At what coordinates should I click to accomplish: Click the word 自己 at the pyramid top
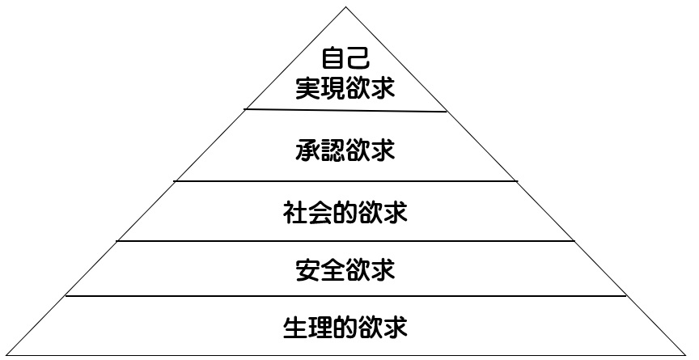pos(345,58)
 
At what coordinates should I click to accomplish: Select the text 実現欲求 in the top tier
pos(345,89)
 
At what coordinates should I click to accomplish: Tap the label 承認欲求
pos(345,150)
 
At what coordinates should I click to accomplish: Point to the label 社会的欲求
pos(345,213)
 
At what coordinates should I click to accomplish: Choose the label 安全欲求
pos(345,270)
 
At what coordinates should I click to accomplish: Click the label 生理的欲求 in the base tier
pos(345,328)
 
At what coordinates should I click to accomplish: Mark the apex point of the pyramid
pos(345,6)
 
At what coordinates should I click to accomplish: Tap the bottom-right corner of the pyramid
pos(687,355)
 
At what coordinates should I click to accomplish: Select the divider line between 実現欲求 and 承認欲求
pos(345,110)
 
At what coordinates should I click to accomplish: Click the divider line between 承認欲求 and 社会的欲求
pos(345,181)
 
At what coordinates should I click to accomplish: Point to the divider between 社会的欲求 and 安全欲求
pos(345,241)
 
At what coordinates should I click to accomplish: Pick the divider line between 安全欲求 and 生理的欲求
pos(345,295)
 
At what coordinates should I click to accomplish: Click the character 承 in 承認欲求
pos(307,150)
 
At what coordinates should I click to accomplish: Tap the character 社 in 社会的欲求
pos(295,213)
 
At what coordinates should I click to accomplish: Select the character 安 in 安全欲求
pos(307,270)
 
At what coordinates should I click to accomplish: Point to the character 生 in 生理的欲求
pos(295,328)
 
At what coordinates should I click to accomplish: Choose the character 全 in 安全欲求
pos(333,270)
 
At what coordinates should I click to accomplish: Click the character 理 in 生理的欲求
pos(320,328)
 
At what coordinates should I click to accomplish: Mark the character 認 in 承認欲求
pos(333,150)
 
